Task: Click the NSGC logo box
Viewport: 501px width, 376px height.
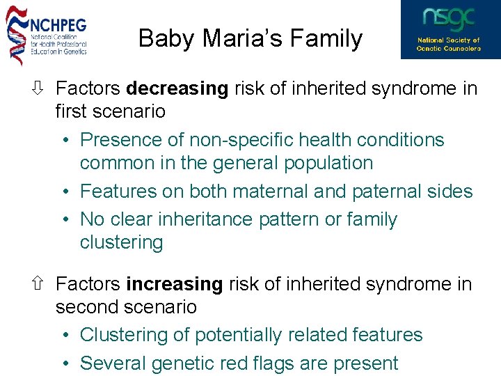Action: tap(450, 29)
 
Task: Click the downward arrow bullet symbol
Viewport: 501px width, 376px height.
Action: tap(40, 88)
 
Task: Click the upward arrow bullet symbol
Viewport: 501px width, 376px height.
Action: tap(40, 284)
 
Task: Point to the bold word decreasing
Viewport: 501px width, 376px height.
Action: tap(177, 88)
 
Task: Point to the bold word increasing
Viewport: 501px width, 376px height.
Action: tap(174, 284)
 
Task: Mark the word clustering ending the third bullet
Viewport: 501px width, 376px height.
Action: tap(121, 242)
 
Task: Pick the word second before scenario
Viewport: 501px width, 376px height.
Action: tap(84, 307)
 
